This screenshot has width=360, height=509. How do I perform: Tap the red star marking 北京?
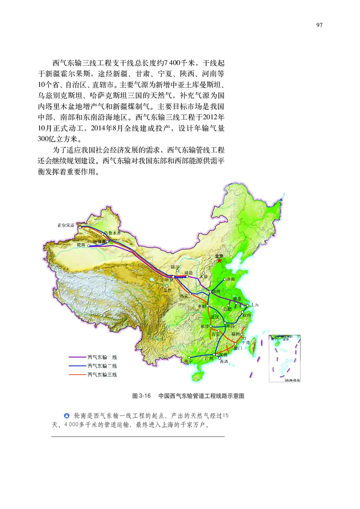pyautogui.click(x=220, y=260)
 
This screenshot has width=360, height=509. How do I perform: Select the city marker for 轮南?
pyautogui.click(x=89, y=246)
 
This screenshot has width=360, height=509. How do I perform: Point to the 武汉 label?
pyautogui.click(x=215, y=317)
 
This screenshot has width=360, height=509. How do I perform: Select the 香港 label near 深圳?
pyautogui.click(x=224, y=362)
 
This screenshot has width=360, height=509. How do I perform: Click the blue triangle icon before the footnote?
pyautogui.click(x=67, y=415)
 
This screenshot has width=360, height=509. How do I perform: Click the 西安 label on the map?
pyautogui.click(x=184, y=296)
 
